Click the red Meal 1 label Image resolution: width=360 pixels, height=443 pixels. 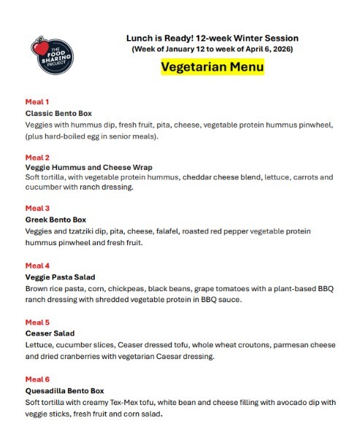click(37, 102)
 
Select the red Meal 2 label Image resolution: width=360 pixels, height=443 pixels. click(37, 157)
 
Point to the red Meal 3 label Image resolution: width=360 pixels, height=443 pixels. click(37, 208)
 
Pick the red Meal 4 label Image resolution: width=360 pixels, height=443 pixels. click(37, 265)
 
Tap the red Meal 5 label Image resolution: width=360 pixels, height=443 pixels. click(37, 322)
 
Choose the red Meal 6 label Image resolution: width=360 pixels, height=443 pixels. click(37, 379)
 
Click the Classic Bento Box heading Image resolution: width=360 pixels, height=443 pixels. click(58, 114)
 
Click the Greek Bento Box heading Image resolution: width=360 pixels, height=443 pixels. click(55, 220)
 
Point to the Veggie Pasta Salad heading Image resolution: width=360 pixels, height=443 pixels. click(61, 277)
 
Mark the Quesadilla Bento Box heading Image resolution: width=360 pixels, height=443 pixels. click(65, 390)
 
